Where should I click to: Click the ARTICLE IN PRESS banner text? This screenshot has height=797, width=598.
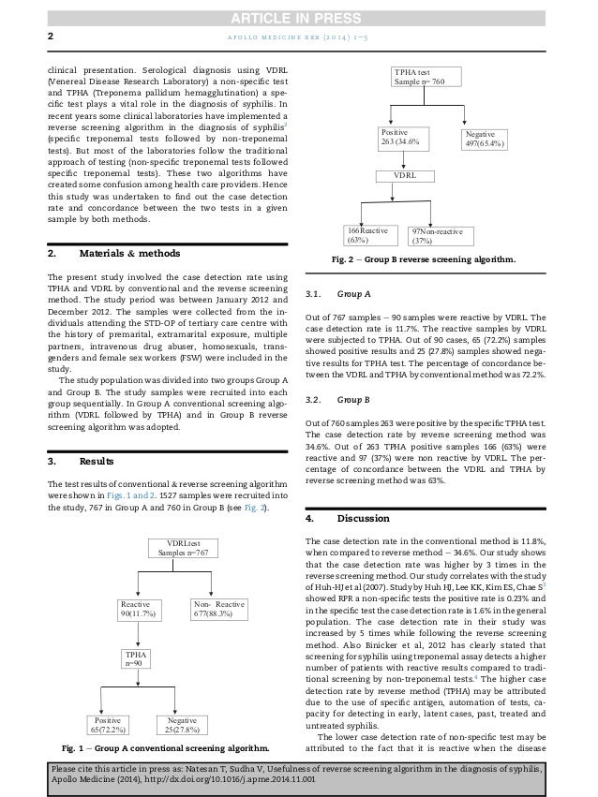point(298,11)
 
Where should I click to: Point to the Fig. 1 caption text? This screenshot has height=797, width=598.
point(164,749)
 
